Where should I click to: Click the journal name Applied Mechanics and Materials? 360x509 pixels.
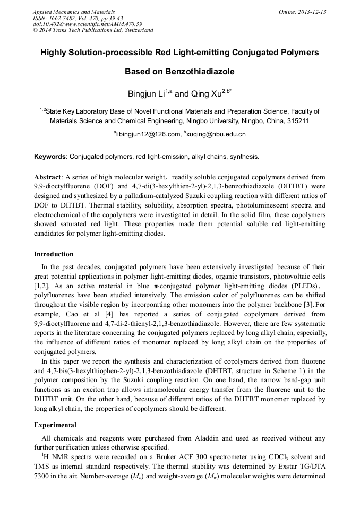coord(74,12)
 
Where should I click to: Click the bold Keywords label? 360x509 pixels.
coord(50,157)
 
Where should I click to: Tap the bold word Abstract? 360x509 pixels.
coord(48,177)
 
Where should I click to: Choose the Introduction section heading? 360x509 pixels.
coord(54,254)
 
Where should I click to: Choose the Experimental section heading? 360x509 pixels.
coord(55,425)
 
